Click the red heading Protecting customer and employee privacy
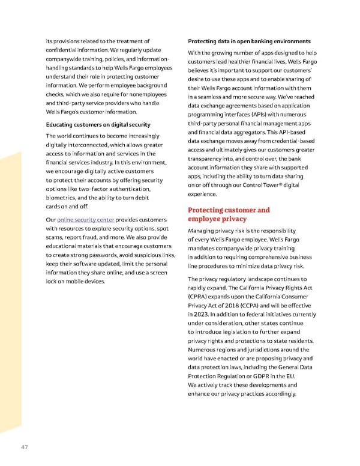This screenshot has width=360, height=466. (229, 214)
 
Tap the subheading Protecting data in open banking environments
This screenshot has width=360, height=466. (248, 41)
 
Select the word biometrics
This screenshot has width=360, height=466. (63, 198)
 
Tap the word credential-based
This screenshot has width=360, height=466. (286, 141)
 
